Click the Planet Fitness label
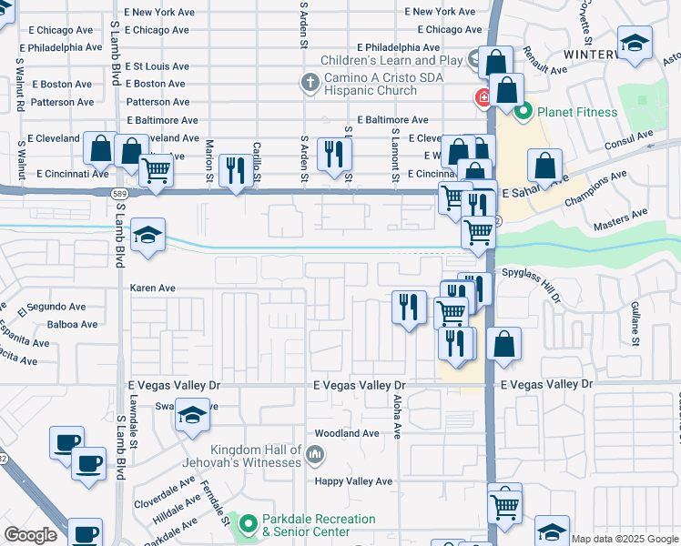[x=576, y=113]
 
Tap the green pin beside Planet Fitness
[x=523, y=113]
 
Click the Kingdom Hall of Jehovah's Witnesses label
[x=256, y=456]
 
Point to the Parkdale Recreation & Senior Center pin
[x=247, y=524]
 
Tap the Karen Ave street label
[x=152, y=288]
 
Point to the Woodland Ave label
[x=346, y=434]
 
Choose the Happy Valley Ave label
[x=353, y=481]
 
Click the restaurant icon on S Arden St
[x=333, y=154]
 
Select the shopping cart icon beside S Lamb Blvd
[x=157, y=169]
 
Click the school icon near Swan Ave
[x=191, y=416]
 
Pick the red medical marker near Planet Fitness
[x=478, y=97]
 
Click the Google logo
[x=30, y=535]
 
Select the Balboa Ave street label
[x=72, y=325]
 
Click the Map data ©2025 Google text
[x=625, y=539]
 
